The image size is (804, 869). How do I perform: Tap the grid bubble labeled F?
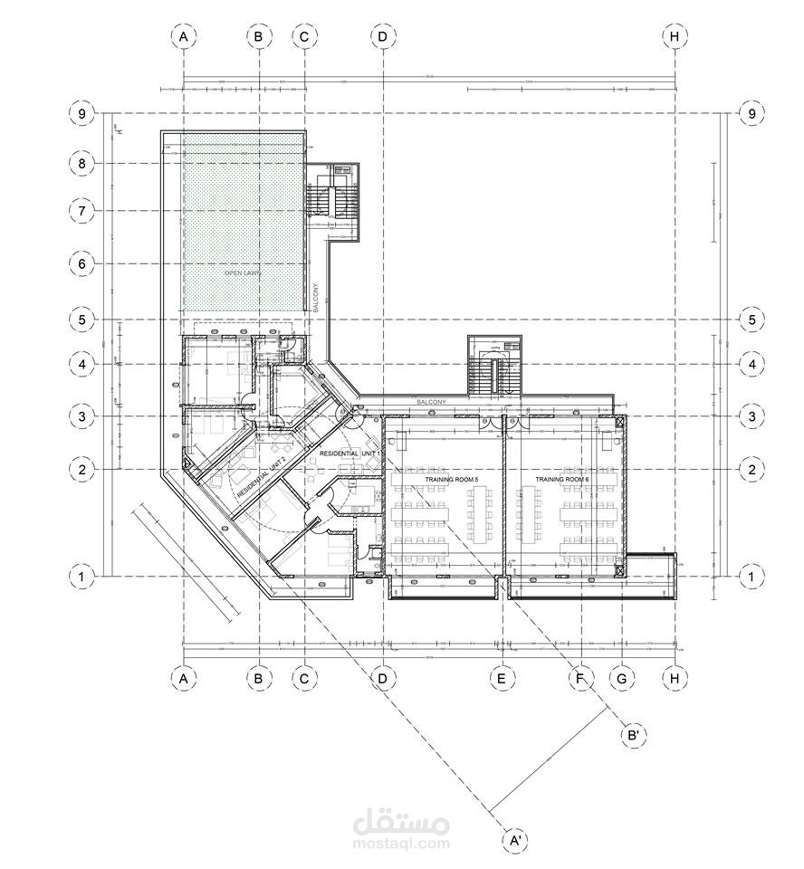coord(579,677)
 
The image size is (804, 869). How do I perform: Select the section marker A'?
coord(515,841)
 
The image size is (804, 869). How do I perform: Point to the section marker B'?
coord(635,735)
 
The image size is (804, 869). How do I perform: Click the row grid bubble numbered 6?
coord(81,263)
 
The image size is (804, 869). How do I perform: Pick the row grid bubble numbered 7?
coord(81,211)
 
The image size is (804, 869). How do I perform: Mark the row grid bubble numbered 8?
coord(81,164)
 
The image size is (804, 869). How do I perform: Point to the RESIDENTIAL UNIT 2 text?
coord(262,480)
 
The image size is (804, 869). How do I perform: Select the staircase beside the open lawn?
coord(336,199)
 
